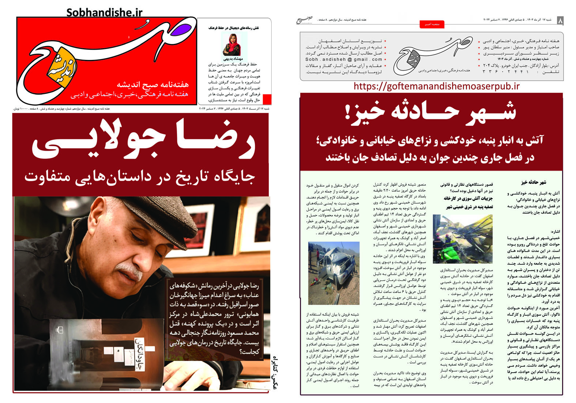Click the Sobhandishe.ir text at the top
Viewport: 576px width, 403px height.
coord(104,12)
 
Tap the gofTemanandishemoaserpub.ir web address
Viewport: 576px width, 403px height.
coord(436,86)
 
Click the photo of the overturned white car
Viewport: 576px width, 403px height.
coord(334,273)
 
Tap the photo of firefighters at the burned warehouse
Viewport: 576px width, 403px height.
coord(463,239)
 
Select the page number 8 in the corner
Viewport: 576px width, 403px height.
coord(560,21)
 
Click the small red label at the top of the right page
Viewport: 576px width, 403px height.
coord(432,25)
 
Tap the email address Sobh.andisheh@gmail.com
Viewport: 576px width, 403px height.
coord(343,59)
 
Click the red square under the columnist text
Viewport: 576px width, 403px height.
coord(267,99)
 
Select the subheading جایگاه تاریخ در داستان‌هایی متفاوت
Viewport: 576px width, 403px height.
coord(139,177)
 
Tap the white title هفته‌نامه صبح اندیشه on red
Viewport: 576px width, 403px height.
coord(153,85)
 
